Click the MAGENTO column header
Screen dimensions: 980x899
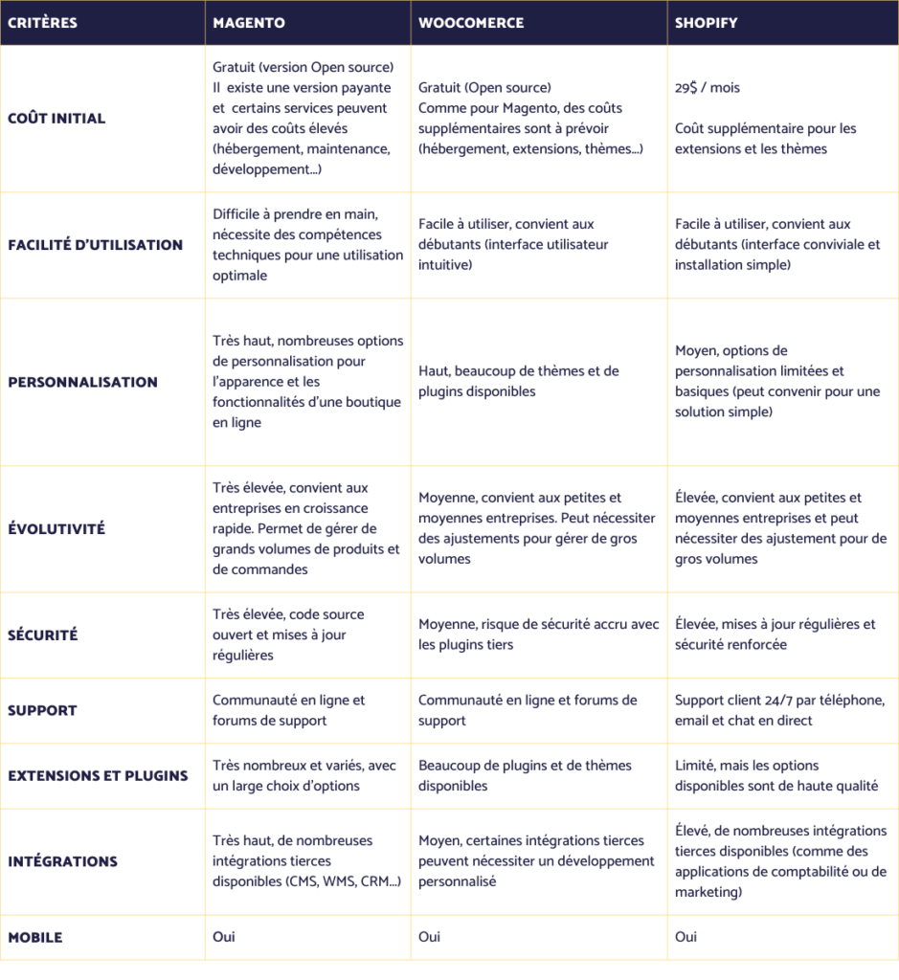tap(249, 23)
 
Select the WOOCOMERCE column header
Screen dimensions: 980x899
tap(471, 23)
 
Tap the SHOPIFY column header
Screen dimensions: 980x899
tap(707, 23)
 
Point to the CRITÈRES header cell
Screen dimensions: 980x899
tap(43, 23)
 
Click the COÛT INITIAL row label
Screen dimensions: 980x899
tap(56, 119)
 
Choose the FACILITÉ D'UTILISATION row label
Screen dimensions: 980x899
tap(95, 245)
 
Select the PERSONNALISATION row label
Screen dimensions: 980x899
tap(82, 382)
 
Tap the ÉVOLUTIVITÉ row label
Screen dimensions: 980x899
tap(56, 529)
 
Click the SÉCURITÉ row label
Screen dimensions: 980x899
tap(43, 635)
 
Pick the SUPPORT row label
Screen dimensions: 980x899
tap(42, 710)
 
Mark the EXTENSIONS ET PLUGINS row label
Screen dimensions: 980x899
tap(98, 776)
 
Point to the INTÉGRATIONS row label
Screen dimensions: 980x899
tap(62, 861)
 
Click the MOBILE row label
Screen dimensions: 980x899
tap(35, 938)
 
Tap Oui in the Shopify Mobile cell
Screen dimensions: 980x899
tap(685, 937)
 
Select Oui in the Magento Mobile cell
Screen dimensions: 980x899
tap(223, 937)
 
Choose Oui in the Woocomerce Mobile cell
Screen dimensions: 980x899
tap(429, 937)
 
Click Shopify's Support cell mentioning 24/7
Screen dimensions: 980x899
tap(779, 710)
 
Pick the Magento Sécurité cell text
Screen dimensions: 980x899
tap(288, 635)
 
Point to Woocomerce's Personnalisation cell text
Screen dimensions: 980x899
tap(518, 381)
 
